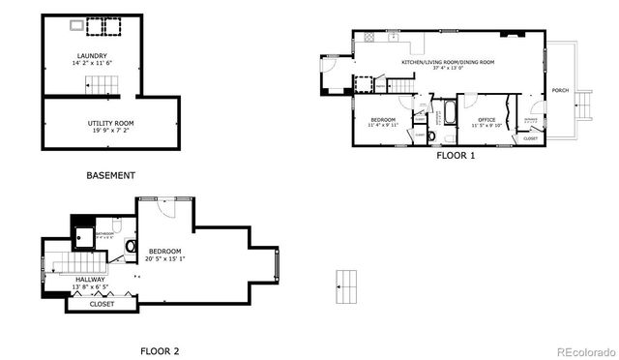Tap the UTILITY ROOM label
pyautogui.click(x=110, y=124)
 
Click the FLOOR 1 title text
pyautogui.click(x=457, y=155)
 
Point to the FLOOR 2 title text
pyautogui.click(x=159, y=350)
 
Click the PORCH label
pyautogui.click(x=560, y=90)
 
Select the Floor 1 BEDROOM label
pyautogui.click(x=382, y=119)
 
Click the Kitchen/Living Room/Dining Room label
pyautogui.click(x=448, y=62)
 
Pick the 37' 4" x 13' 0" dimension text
pyautogui.click(x=448, y=69)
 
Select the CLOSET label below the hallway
pyautogui.click(x=102, y=304)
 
